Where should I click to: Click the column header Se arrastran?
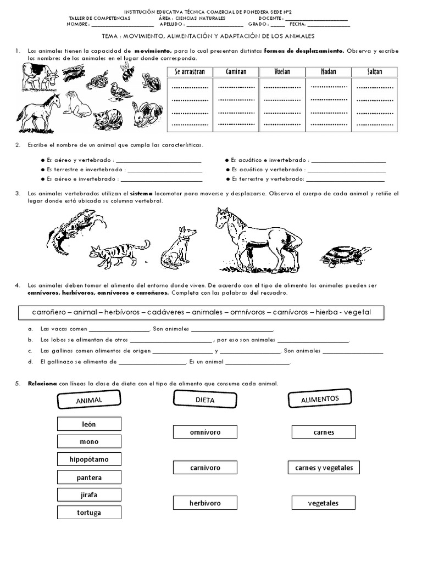coord(190,72)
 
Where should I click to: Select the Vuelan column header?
coord(282,72)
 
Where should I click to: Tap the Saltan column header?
coord(375,72)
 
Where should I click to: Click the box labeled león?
coord(88,424)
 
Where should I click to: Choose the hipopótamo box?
coord(88,459)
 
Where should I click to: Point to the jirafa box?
coord(88,494)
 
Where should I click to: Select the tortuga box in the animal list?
coord(88,513)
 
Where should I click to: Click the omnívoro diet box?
coord(205,432)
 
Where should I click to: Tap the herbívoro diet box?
coord(205,503)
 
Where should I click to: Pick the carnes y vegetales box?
coord(324,468)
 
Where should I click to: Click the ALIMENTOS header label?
coord(320,399)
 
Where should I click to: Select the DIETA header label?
coord(205,400)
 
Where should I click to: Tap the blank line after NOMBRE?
coord(122,25)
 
